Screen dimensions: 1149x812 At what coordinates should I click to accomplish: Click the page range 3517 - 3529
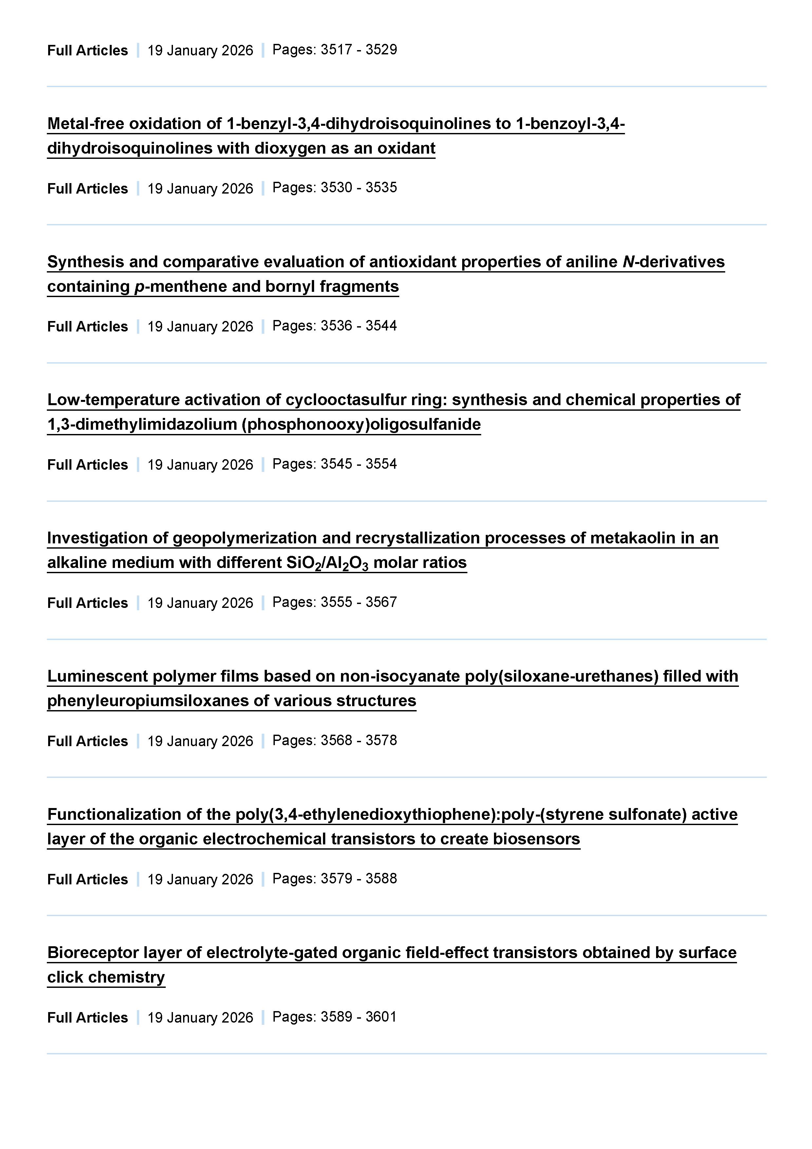359,49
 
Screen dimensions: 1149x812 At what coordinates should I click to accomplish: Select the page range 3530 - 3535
359,188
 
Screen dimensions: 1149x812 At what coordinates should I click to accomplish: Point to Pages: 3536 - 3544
334,326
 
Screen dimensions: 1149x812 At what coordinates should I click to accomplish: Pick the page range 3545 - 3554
359,464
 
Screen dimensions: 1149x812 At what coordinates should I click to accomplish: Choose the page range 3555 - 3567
359,602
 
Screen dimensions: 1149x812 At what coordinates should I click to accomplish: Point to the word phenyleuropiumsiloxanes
148,701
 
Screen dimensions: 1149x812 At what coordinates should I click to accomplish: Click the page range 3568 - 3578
359,740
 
